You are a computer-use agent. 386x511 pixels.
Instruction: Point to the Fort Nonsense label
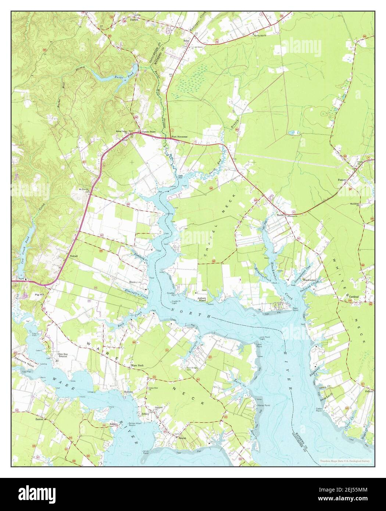point(180,137)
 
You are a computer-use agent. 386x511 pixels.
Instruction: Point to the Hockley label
point(128,393)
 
